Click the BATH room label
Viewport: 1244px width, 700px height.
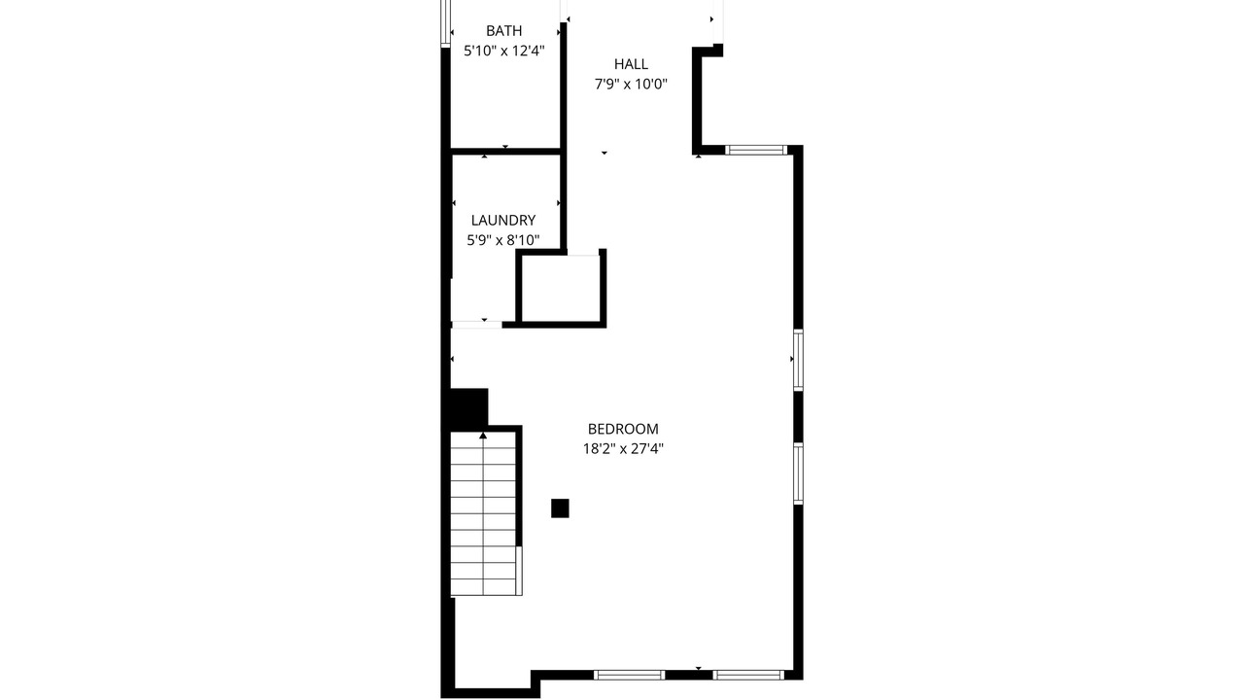[x=503, y=30]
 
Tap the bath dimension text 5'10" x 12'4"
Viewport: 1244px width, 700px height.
[x=503, y=52]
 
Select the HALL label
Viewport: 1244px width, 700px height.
[x=631, y=64]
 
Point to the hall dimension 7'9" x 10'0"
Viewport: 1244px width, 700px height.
[x=631, y=84]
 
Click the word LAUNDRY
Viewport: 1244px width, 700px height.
[x=503, y=220]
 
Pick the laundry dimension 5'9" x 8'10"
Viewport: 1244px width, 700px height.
[x=503, y=240]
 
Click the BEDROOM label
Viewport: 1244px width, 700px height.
[x=623, y=429]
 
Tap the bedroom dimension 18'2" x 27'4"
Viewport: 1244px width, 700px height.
[x=623, y=449]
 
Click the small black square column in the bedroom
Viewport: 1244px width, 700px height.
[x=560, y=508]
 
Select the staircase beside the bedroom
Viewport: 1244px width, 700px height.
[x=484, y=514]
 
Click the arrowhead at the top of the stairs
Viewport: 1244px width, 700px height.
[x=483, y=436]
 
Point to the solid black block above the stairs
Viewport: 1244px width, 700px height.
[x=468, y=408]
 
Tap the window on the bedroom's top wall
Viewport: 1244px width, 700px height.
[x=756, y=150]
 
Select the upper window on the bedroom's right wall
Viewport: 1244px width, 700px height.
[x=798, y=360]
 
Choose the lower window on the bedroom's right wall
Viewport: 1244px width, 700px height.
[x=798, y=473]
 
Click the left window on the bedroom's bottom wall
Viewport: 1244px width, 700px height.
[x=629, y=675]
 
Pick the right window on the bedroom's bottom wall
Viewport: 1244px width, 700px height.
[x=748, y=675]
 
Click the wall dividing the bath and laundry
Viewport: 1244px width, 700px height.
[x=504, y=151]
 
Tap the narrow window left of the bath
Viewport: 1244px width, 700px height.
[x=445, y=22]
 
